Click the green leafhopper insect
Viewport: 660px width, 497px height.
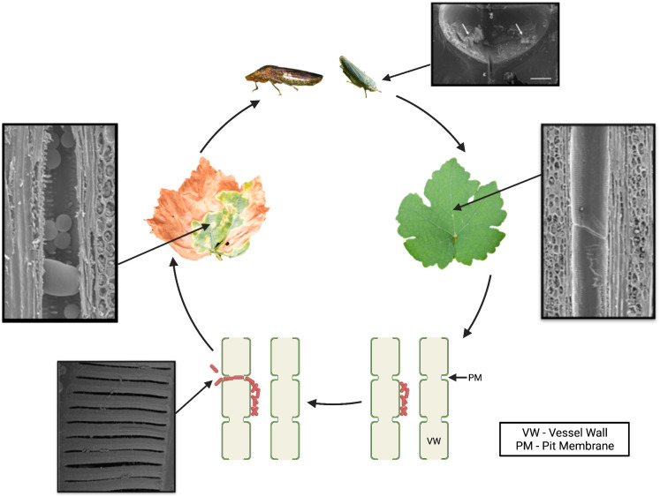360,74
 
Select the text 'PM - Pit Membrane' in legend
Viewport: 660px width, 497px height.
562,447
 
